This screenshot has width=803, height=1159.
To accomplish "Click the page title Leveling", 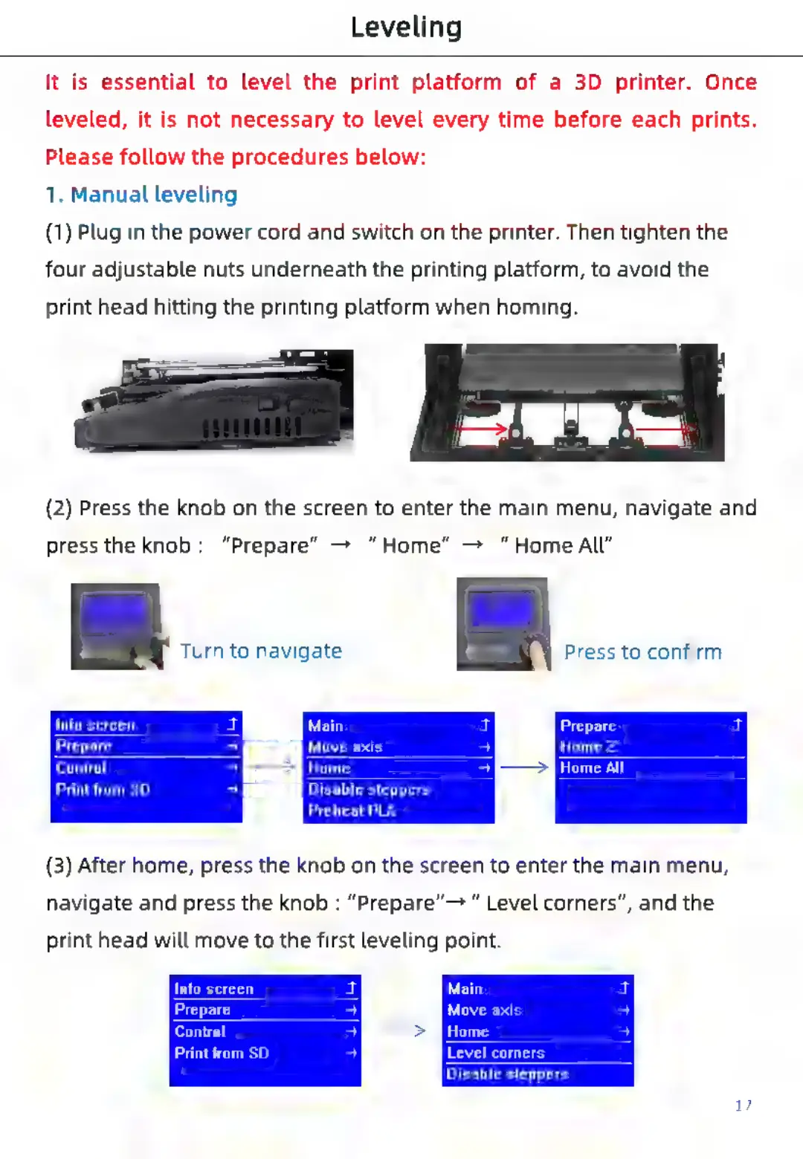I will (x=406, y=27).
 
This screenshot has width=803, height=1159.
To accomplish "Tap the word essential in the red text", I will (x=148, y=82).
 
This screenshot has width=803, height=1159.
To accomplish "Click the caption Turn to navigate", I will (x=261, y=651).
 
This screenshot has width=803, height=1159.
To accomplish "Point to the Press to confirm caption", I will (x=642, y=652).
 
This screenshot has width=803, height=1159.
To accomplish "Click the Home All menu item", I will (x=592, y=767).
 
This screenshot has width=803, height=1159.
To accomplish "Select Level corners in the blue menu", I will (x=496, y=1053).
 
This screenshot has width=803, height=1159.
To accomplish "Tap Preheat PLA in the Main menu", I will (x=352, y=810).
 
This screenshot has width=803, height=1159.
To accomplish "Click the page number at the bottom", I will (x=743, y=1106).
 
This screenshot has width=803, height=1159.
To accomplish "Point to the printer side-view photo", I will (x=214, y=401).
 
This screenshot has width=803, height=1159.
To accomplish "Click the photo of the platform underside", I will (x=567, y=402).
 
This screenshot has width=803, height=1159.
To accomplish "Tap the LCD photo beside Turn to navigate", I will (x=116, y=626).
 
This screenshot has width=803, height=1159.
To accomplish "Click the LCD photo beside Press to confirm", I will (x=503, y=624).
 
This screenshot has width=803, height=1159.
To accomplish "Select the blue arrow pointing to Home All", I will (x=524, y=767).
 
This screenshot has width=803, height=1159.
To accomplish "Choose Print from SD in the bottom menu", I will (x=222, y=1053).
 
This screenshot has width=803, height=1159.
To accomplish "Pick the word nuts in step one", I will (x=223, y=269).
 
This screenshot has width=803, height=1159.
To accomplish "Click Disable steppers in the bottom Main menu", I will (x=507, y=1074).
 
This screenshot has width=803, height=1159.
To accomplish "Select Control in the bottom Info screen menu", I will (x=200, y=1031).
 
